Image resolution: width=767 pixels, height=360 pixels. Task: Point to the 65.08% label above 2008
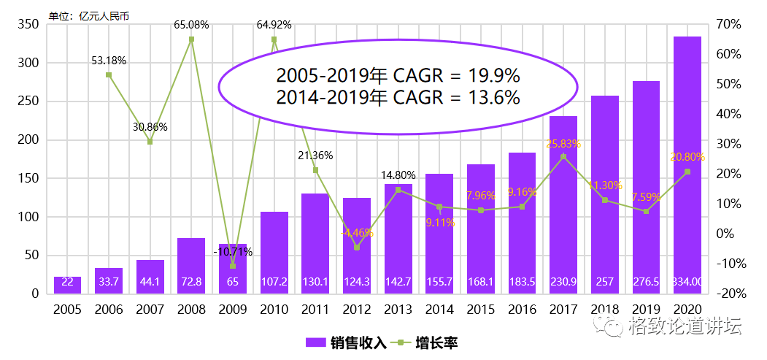click(x=191, y=25)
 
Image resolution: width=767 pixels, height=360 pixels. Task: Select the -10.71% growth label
click(x=233, y=252)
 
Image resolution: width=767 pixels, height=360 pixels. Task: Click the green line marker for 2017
click(x=563, y=156)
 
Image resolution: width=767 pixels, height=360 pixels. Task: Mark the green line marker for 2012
click(x=357, y=248)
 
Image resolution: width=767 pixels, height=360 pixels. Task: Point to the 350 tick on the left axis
click(x=28, y=25)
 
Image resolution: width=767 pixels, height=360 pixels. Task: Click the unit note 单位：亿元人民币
click(x=88, y=15)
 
